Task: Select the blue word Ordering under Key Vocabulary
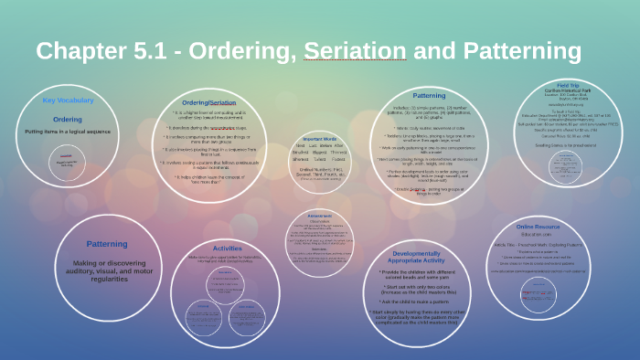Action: pyautogui.click(x=67, y=119)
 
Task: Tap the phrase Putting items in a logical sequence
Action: pyautogui.click(x=67, y=132)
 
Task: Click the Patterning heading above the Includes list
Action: pyautogui.click(x=429, y=94)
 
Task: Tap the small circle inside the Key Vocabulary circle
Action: pyautogui.click(x=67, y=160)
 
